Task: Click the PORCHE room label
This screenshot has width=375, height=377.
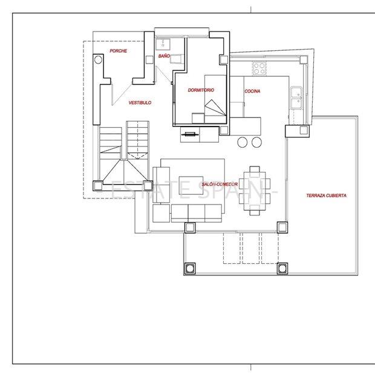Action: coord(119,51)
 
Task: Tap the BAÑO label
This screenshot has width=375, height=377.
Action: coord(164,56)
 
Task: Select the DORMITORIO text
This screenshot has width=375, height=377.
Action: coord(201,90)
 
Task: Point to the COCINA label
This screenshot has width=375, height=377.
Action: coord(252,91)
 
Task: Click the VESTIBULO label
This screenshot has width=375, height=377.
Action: coord(140,103)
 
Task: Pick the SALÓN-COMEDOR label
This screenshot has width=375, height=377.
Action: coord(220,184)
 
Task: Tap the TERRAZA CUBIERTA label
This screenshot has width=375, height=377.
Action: coord(327,195)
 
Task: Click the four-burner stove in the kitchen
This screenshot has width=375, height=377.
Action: coord(259,68)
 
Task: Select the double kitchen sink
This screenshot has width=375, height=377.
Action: coord(296,98)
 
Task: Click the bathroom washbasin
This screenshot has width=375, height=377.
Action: coord(163,45)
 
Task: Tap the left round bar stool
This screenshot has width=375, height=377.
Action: coord(243,142)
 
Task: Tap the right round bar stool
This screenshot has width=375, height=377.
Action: coord(256,142)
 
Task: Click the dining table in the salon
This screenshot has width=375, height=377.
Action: coord(255,191)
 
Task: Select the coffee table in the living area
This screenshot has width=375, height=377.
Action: coord(191,185)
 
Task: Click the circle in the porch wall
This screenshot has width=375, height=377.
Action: coord(98,59)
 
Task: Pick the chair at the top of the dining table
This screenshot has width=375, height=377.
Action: coord(255,169)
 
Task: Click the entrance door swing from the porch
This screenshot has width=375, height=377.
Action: coord(122,94)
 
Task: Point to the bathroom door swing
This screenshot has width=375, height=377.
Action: coord(164,74)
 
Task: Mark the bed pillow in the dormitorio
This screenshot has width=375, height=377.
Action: coord(198,118)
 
